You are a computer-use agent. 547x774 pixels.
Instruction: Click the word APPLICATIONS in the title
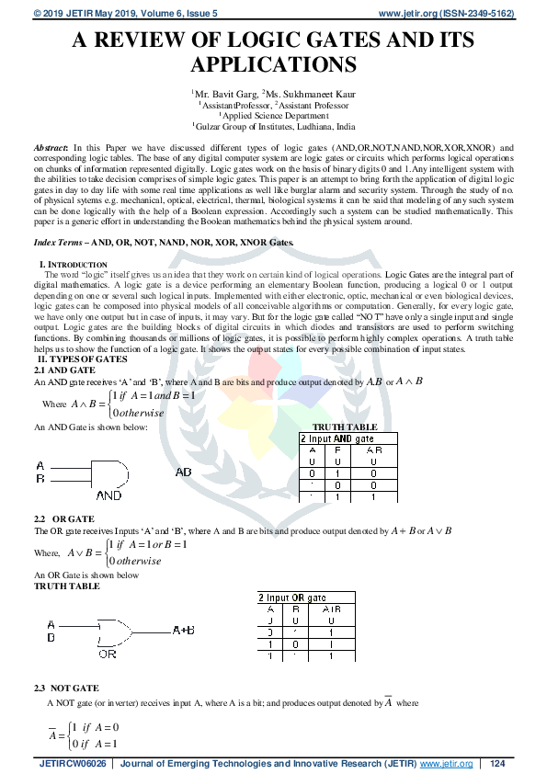pyautogui.click(x=273, y=64)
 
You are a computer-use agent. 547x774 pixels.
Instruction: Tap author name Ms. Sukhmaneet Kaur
pyautogui.click(x=310, y=93)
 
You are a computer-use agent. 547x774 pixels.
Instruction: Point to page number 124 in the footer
pyautogui.click(x=498, y=764)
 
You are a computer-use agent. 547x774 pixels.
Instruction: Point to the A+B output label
pyautogui.click(x=183, y=631)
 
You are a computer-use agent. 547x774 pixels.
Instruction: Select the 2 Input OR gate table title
pyautogui.click(x=297, y=598)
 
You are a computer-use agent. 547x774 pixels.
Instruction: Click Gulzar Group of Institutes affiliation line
pyautogui.click(x=273, y=127)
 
